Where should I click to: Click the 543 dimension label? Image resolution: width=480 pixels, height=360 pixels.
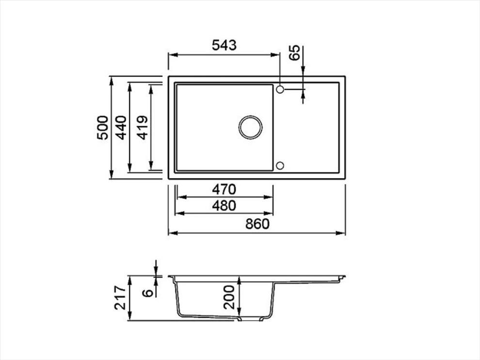pos(224,45)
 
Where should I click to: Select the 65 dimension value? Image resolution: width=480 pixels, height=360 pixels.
pos(294,53)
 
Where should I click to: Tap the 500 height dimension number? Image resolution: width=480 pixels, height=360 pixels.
pos(103,128)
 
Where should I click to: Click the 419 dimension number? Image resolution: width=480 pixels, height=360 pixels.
pos(143,128)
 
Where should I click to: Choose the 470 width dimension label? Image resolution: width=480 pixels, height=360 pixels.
pos(224,189)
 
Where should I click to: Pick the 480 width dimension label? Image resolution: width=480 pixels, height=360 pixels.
pos(224,206)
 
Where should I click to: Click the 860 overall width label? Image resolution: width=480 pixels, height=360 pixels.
pos(257,224)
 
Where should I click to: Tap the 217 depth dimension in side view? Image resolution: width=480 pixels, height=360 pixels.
pos(120,297)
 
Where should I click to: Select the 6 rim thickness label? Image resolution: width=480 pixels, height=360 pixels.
pos(148,293)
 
